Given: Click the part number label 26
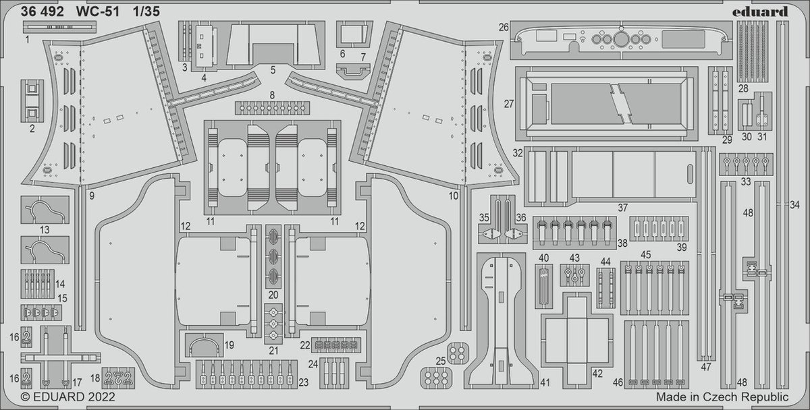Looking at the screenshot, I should click(x=504, y=28).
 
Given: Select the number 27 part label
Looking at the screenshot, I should click(x=508, y=105).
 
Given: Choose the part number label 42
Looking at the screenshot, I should click(x=597, y=373).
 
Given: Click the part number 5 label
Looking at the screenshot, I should click(x=273, y=69).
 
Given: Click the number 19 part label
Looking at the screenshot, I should click(x=230, y=345).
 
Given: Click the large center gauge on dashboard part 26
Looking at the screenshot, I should click(x=618, y=38).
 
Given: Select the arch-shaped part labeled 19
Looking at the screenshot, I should click(x=202, y=347).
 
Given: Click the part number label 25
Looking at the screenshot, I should click(x=439, y=361).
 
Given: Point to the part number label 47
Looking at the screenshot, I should click(x=706, y=367).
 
